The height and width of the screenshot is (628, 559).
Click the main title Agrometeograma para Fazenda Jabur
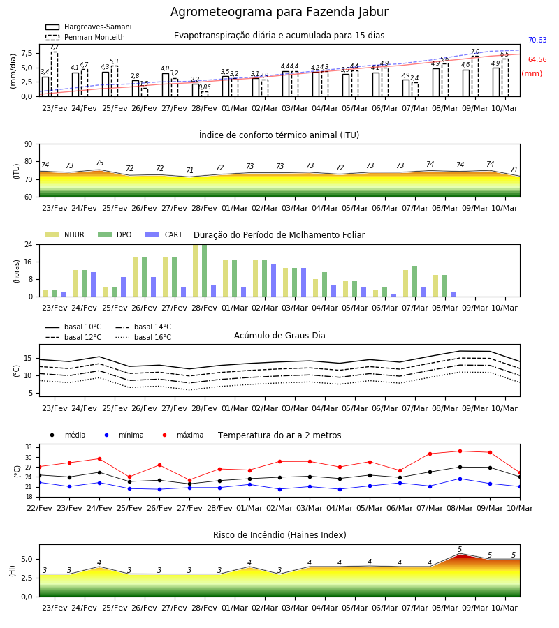(279, 12)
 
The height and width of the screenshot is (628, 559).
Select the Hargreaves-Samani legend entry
(88, 27)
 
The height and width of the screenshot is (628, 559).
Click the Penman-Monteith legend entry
(85, 37)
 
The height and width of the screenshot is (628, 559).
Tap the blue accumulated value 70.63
(537, 40)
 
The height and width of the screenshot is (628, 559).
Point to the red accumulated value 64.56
(537, 60)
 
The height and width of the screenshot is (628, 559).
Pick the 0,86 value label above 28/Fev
(205, 87)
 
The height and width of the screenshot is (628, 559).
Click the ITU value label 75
(99, 163)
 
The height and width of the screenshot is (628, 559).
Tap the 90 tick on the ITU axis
(29, 144)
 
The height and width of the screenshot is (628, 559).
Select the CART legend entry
(164, 234)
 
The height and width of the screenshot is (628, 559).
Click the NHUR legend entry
(65, 234)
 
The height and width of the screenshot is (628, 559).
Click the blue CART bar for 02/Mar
(273, 281)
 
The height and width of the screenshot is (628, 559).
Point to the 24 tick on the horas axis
(29, 244)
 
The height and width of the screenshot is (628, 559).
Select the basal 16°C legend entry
(143, 337)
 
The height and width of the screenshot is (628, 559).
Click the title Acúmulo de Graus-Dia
(279, 336)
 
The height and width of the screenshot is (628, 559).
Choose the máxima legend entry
(180, 435)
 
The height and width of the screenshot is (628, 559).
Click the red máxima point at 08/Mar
(460, 451)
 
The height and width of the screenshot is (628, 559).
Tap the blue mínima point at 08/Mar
(460, 479)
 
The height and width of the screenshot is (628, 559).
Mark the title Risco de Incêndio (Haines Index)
(279, 535)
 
